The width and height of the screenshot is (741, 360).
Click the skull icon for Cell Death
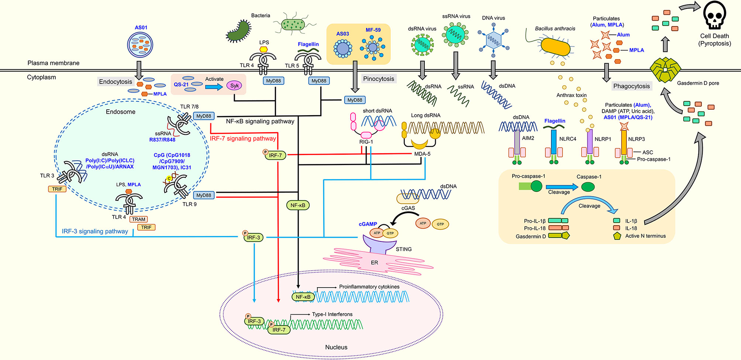pos(714,16)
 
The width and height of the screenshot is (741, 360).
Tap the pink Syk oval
pos(234,86)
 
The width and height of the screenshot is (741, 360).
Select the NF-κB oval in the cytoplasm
pos(297,205)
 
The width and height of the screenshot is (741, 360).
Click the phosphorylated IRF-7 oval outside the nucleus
pos(275,155)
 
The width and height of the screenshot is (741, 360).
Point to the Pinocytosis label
pos(378,79)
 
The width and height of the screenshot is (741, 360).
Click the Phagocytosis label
pos(631,86)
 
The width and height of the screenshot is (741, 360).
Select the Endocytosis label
pos(115,82)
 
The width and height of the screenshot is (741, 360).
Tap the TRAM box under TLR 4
pos(138,219)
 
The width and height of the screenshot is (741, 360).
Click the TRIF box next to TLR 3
pos(57,189)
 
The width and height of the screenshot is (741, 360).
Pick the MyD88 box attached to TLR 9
pos(204,195)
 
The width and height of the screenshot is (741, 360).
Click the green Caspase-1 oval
pos(588,187)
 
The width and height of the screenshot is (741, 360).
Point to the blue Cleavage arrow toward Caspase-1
pos(561,187)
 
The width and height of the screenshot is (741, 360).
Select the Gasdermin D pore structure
pos(665,70)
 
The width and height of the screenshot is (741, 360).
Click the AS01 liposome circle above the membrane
pos(140,45)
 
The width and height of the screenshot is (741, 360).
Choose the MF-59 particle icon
pos(373,48)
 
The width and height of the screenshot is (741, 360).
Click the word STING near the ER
pos(403,249)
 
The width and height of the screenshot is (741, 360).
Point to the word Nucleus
pos(336,347)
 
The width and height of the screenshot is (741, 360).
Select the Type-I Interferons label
pos(332,314)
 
